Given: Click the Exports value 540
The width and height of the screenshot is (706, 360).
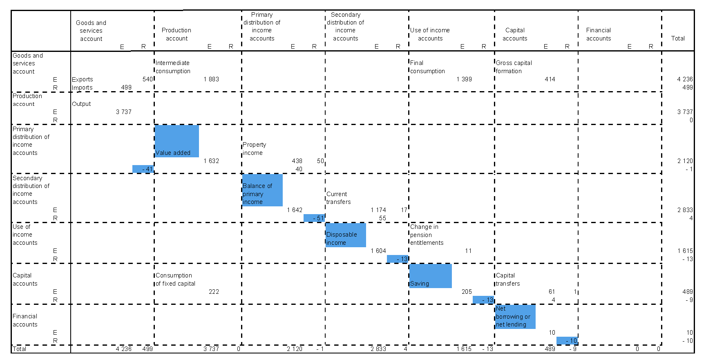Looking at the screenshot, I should coord(147,79).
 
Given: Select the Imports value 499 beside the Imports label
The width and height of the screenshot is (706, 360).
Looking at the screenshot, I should coord(126,87).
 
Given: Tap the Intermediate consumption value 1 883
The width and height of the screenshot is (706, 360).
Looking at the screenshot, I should coord(211,79).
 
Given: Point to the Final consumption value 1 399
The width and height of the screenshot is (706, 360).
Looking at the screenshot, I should coord(464,79).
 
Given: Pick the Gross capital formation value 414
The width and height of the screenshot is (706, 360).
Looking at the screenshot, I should coord(550,79).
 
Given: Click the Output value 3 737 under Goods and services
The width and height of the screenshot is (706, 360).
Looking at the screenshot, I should coord(123,112).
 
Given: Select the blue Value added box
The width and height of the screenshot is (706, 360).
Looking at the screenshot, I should coord(177,141).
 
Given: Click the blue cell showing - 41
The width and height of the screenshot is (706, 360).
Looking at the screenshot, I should coord(143,169).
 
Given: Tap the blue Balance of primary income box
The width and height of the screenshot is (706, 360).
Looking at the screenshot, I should coord(262,190).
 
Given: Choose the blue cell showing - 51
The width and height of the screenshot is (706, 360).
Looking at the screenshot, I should coord(314,218).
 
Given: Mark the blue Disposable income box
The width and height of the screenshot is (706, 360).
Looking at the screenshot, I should coord(346,235).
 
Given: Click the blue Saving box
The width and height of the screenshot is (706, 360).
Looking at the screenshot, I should coord(430,276).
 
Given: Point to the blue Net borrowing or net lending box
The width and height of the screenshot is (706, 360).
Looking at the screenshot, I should coord(515,317).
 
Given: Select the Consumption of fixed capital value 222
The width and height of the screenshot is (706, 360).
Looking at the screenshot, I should coord(214,292).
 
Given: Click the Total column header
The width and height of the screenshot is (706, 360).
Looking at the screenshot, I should coord(678,38).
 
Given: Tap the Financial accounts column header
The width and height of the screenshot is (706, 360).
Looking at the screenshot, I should coord(599,34).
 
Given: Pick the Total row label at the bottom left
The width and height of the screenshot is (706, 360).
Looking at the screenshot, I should coord(19,349).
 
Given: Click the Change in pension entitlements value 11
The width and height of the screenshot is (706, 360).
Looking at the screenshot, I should coord(468,251).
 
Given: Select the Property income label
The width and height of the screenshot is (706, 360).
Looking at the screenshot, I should coord(254,149).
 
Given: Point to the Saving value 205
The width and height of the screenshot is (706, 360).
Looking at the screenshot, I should coord(467,292).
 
